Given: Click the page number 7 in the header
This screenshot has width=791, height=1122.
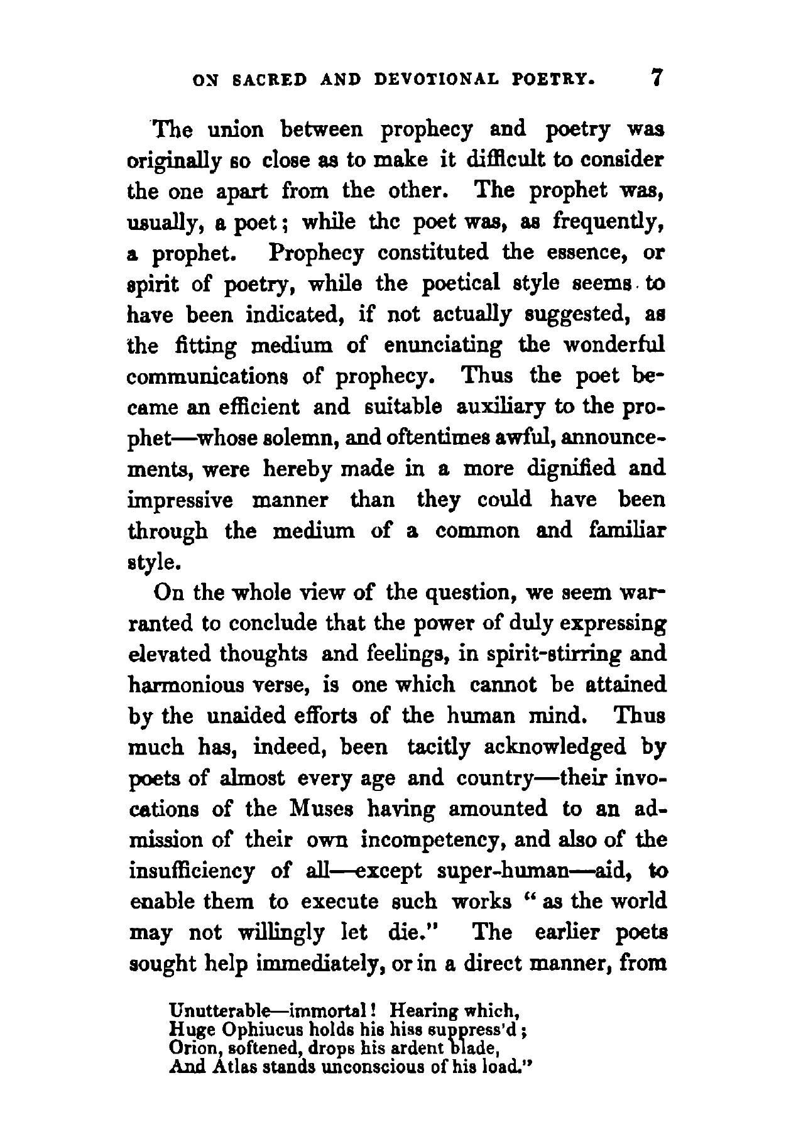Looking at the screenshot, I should pyautogui.click(x=657, y=78).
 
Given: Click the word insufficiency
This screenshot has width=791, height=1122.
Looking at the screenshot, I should pyautogui.click(x=191, y=871).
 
